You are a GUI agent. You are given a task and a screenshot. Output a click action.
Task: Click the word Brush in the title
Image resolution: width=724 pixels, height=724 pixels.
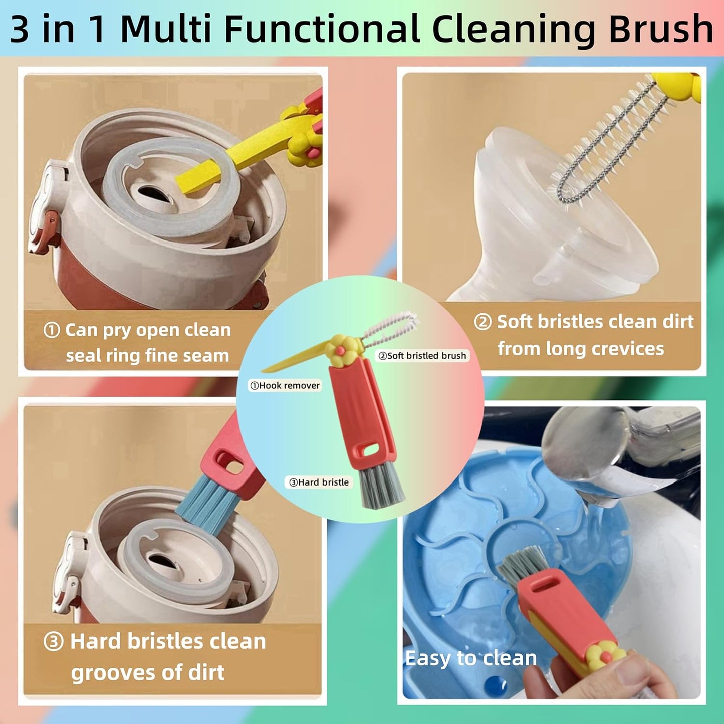[661, 29]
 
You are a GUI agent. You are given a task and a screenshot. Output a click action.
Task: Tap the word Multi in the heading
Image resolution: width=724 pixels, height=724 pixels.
[166, 29]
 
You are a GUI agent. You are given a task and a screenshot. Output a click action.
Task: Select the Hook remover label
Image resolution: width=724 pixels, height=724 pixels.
[285, 385]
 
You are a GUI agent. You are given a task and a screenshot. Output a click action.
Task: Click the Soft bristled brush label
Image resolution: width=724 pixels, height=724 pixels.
[422, 355]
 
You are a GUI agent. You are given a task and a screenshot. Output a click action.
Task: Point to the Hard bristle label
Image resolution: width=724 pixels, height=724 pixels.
[319, 482]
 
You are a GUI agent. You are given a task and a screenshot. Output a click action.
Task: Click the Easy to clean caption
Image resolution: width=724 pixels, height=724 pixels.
[471, 658]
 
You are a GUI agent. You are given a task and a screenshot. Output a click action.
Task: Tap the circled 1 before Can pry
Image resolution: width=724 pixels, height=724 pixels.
[52, 330]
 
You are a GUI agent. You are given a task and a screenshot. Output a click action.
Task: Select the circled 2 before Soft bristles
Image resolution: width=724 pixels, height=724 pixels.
[483, 322]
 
